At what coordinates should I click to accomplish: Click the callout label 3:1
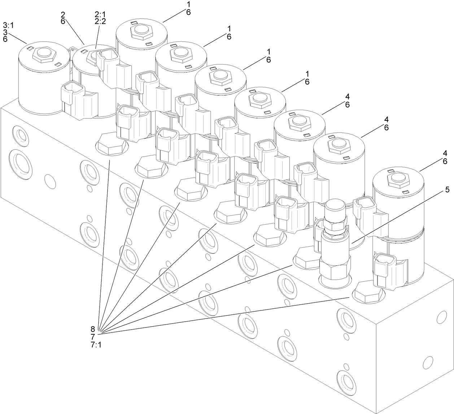[8, 25]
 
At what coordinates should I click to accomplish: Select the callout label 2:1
[100, 15]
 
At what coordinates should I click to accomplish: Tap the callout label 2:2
[100, 21]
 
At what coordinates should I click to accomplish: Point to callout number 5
[447, 190]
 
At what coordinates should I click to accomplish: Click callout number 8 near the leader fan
[93, 329]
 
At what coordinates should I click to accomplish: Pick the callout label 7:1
[96, 345]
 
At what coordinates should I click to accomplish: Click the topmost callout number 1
[188, 5]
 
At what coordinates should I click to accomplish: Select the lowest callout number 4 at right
[445, 153]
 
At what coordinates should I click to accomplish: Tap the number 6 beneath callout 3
[5, 39]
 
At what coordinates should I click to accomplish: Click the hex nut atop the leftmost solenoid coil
[44, 54]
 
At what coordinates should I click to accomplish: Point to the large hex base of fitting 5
[335, 267]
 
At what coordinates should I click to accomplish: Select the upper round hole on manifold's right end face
[442, 317]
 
